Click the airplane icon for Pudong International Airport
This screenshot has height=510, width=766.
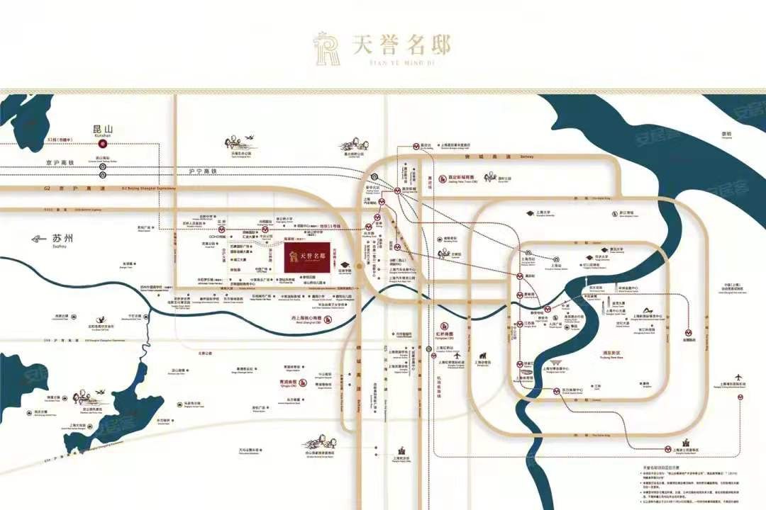click(x=739, y=375)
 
